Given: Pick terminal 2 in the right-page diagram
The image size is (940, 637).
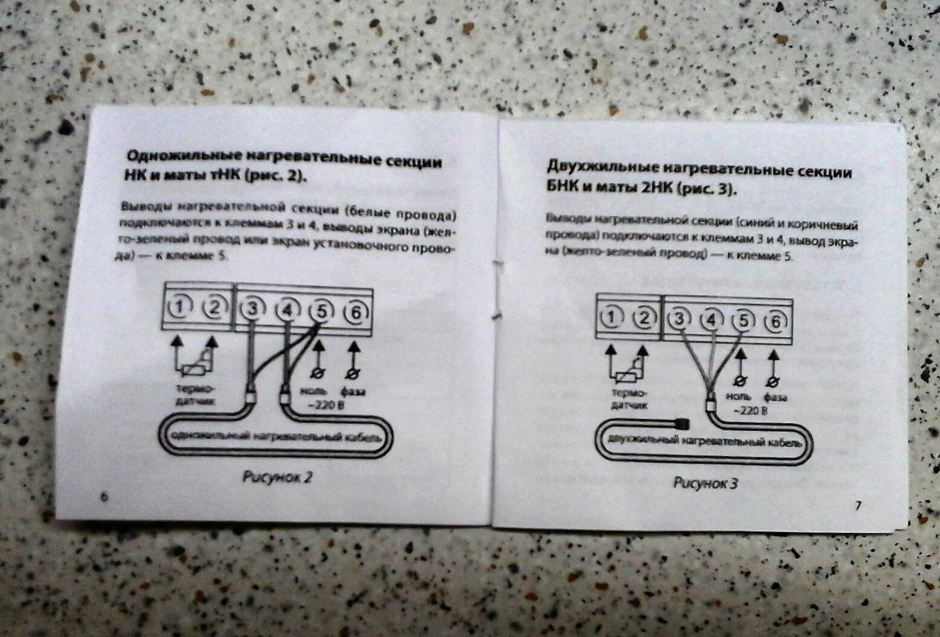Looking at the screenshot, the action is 644,318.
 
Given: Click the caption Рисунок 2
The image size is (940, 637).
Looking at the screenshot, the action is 277,477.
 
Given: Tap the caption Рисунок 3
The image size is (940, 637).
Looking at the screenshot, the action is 706,482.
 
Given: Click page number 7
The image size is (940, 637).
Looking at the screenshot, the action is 857,506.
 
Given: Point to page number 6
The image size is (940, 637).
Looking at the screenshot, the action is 103,496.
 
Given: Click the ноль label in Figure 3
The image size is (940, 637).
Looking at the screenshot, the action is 738,396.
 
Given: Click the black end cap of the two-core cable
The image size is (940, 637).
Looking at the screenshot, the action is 682,421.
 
